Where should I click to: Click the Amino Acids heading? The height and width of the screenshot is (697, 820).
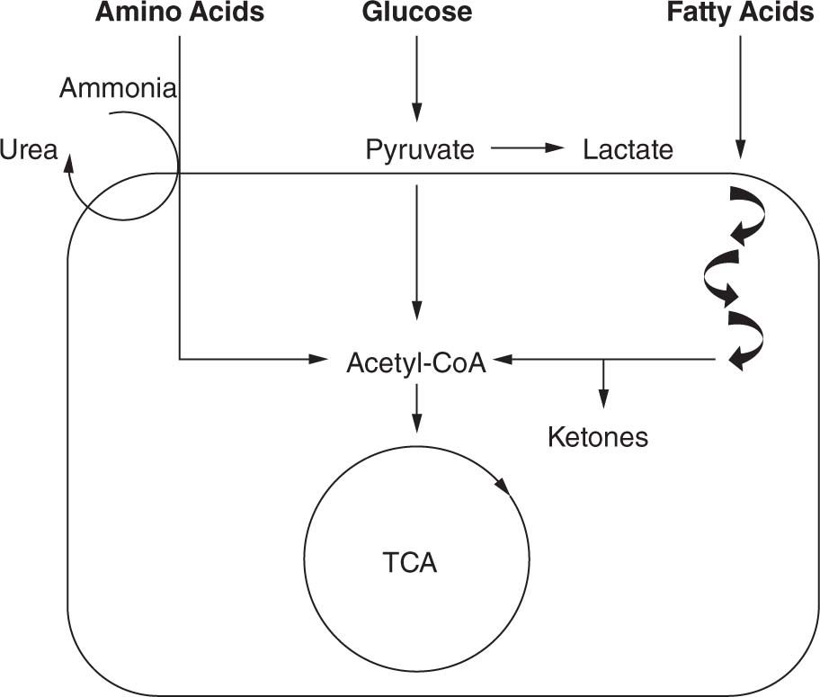pyautogui.click(x=180, y=13)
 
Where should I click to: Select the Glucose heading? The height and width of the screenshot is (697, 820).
pyautogui.click(x=416, y=13)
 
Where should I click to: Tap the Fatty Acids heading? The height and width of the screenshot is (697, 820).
pyautogui.click(x=740, y=13)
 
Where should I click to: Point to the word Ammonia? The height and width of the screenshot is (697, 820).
pyautogui.click(x=119, y=88)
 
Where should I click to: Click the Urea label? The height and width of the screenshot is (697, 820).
pyautogui.click(x=27, y=149)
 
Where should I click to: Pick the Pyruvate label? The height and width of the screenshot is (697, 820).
pyautogui.click(x=420, y=149)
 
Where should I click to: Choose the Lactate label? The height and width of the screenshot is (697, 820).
pyautogui.click(x=628, y=149)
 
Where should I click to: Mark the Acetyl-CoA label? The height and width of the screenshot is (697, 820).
pyautogui.click(x=416, y=363)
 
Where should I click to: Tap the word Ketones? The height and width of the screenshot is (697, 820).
pyautogui.click(x=598, y=437)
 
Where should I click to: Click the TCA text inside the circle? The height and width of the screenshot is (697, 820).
pyautogui.click(x=409, y=564)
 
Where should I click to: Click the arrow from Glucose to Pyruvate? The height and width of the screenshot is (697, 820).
pyautogui.click(x=416, y=76)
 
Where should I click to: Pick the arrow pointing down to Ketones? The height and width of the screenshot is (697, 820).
pyautogui.click(x=603, y=387)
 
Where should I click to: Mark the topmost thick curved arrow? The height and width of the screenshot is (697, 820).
pyautogui.click(x=748, y=214)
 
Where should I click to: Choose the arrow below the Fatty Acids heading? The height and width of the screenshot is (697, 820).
pyautogui.click(x=740, y=99)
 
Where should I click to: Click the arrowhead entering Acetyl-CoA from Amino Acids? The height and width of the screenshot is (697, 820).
pyautogui.click(x=316, y=359)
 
